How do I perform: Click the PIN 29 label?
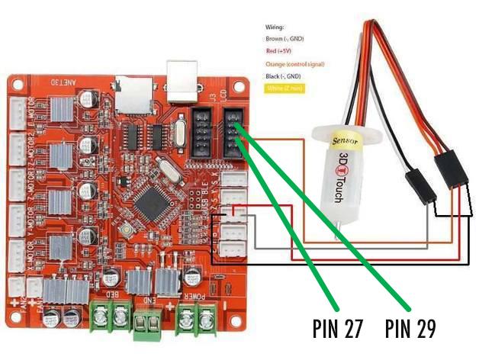click(410, 327)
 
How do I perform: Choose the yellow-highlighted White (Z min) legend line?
click(283, 88)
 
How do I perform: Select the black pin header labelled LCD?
click(232, 130)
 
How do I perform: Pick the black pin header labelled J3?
click(201, 130)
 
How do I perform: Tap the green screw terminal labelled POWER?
click(194, 314)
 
